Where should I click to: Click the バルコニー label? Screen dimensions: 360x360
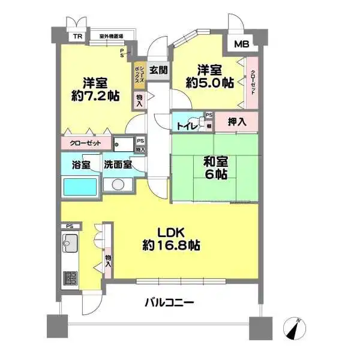169,303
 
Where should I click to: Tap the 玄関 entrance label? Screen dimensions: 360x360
158,69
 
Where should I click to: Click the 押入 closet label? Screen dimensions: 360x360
237,122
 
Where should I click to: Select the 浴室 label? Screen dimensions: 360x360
81,164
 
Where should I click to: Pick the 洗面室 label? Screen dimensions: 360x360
118,164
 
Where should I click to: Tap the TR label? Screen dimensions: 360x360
77,37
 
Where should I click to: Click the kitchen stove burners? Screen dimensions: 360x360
71,279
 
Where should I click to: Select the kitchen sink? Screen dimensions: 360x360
70,243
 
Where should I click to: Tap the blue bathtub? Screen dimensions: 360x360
80,187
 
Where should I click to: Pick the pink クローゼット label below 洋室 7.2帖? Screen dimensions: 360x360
85,144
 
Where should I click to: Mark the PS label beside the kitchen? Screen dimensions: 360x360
70,226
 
